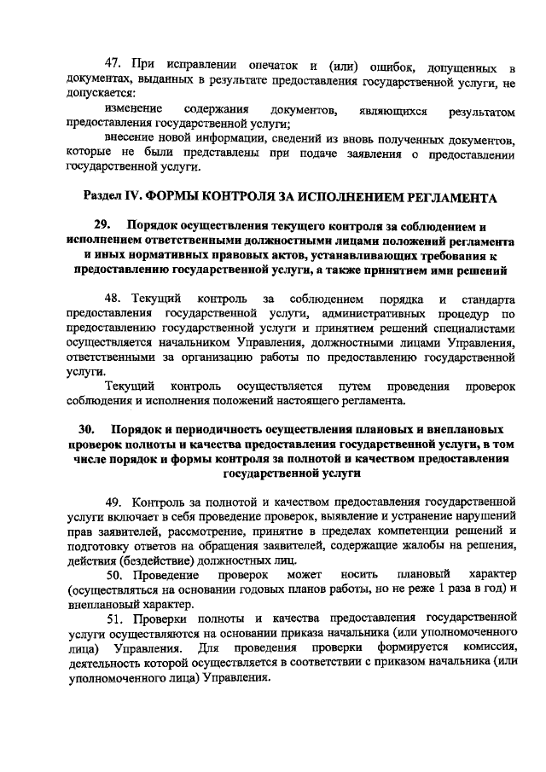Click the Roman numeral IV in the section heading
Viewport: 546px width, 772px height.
point(132,198)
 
